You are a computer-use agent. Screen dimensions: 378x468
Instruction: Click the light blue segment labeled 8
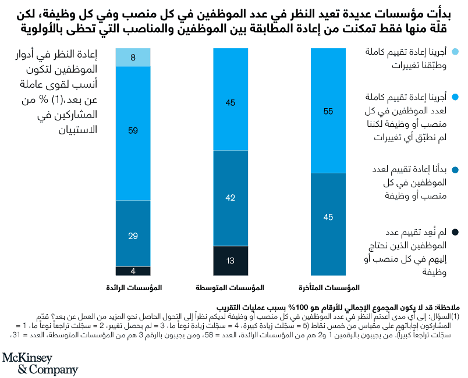tap(133, 58)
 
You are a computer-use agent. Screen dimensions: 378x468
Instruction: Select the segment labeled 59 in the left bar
tap(133, 133)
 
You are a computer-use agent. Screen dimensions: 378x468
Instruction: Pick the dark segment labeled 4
tap(133, 270)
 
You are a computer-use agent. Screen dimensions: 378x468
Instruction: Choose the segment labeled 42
tap(231, 198)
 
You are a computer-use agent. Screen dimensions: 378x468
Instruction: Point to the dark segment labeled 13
tap(231, 260)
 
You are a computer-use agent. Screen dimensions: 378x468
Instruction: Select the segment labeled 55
tap(328, 110)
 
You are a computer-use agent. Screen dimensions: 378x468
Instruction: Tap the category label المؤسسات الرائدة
tap(134, 287)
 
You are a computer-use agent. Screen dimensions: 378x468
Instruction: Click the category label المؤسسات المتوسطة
tap(231, 287)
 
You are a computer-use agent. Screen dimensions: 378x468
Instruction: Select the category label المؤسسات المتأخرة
tap(328, 287)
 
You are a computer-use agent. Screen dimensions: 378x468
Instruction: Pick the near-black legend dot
tap(456, 233)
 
